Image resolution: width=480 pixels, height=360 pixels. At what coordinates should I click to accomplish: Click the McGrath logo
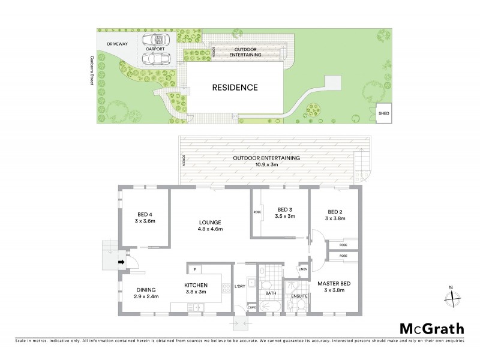pyautogui.click(x=431, y=328)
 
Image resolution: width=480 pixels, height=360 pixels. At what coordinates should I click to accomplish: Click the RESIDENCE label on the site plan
pyautogui.click(x=235, y=88)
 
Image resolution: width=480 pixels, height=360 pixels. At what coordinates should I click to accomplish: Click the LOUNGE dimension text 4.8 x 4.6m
pyautogui.click(x=211, y=229)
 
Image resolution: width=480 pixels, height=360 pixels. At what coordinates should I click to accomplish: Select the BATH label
pyautogui.click(x=271, y=293)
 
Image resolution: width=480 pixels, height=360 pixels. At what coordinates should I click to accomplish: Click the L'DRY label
pyautogui.click(x=239, y=285)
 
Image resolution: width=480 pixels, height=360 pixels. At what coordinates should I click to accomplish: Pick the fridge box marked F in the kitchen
pyautogui.click(x=195, y=269)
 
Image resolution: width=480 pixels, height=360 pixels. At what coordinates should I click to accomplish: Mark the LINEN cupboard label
pyautogui.click(x=304, y=269)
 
